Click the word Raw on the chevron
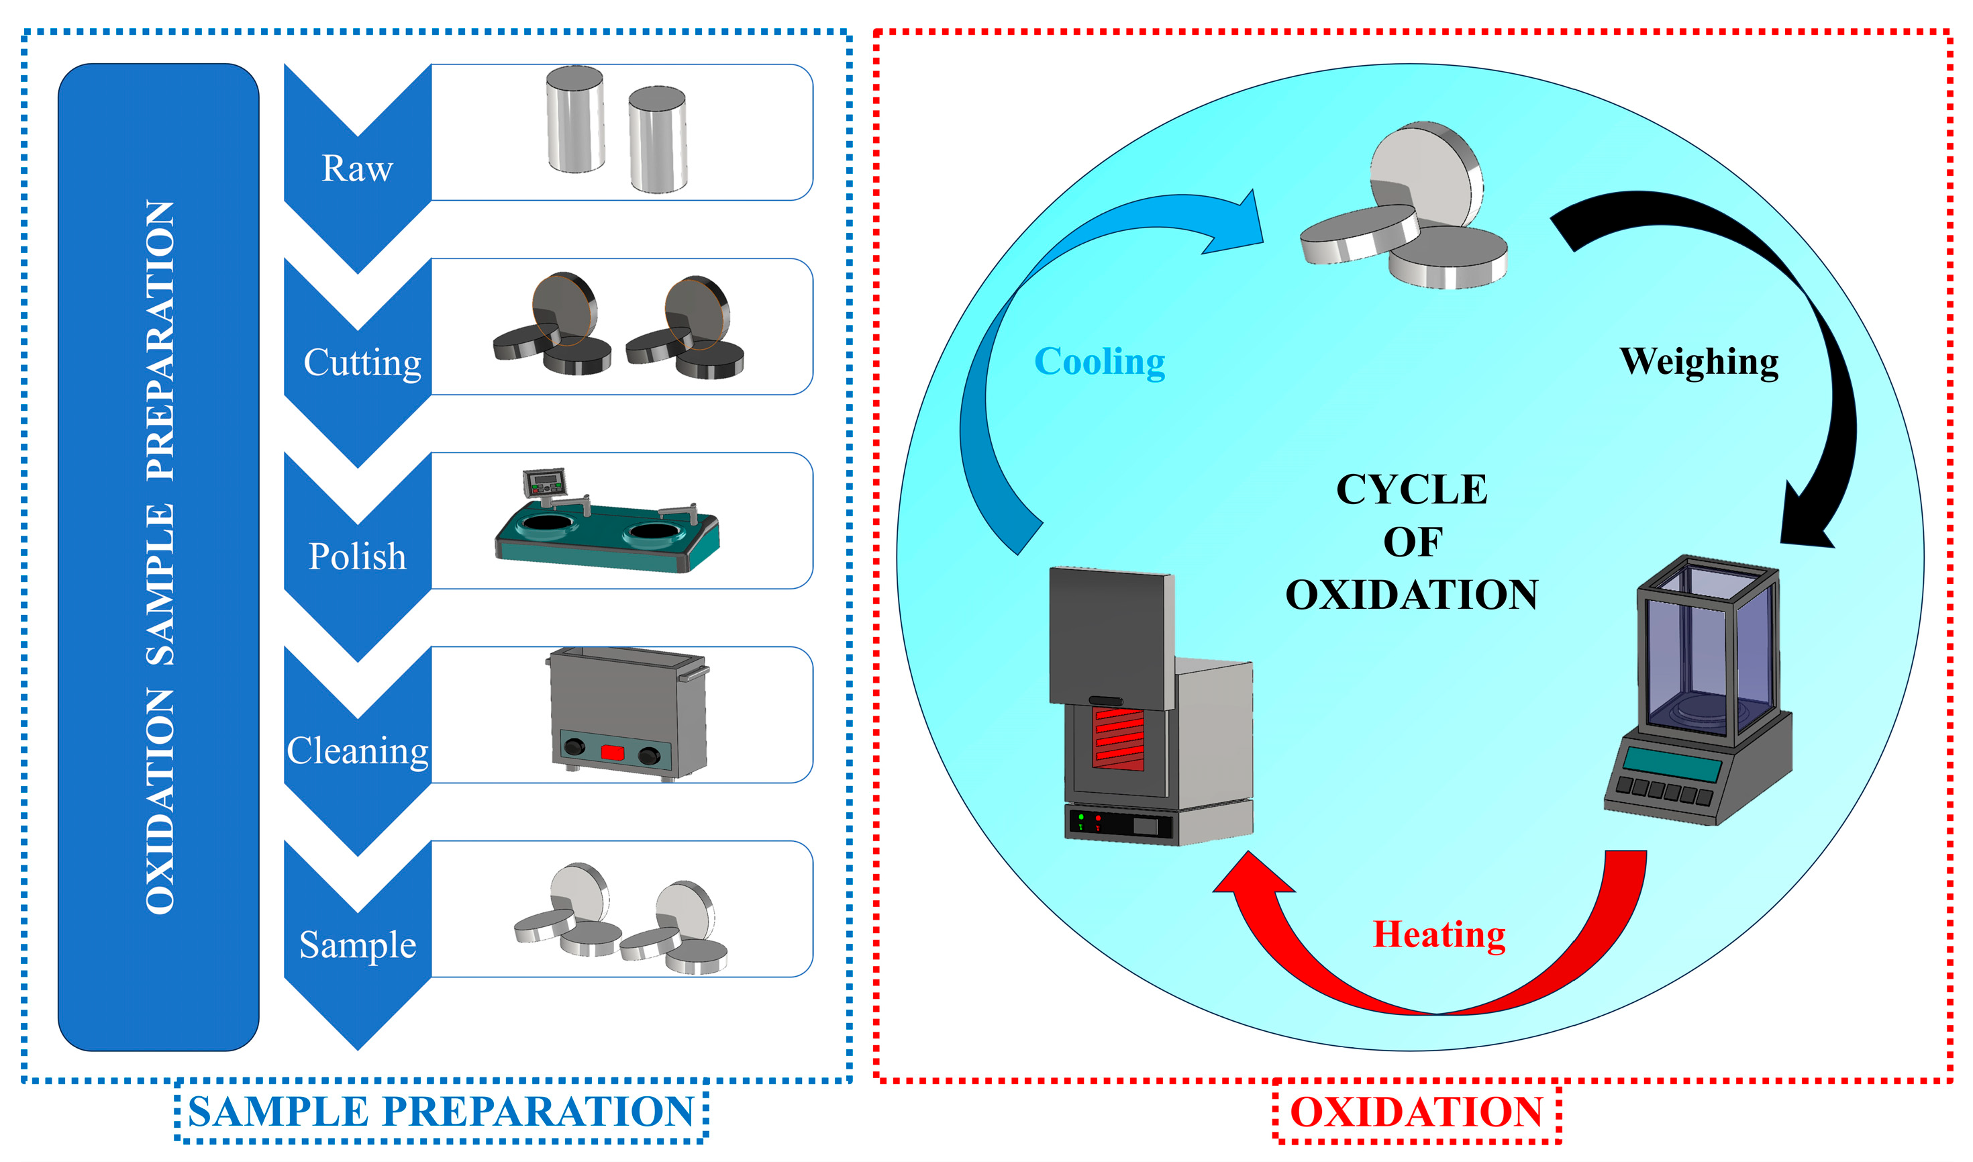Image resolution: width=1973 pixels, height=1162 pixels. (x=357, y=168)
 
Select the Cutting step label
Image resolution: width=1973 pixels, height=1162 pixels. (x=362, y=362)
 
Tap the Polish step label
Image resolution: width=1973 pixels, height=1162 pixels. (x=357, y=556)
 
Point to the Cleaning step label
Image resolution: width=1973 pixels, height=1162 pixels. (x=357, y=751)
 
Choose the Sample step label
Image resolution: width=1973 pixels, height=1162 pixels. (x=357, y=945)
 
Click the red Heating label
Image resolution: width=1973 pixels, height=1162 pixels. (x=1439, y=935)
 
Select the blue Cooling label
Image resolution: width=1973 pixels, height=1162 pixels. (x=1099, y=362)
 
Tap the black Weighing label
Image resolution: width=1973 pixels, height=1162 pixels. (x=1698, y=362)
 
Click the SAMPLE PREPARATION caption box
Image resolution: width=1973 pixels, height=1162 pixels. (x=442, y=1112)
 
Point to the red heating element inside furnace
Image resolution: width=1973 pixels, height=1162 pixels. (x=1119, y=738)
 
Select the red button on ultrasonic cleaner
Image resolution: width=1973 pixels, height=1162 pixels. (x=611, y=753)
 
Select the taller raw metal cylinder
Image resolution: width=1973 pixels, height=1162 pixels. (x=576, y=119)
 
